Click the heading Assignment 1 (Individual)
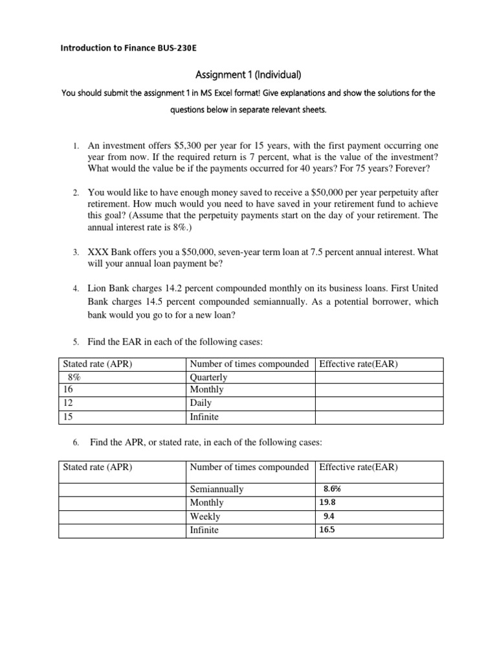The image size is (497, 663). pyautogui.click(x=248, y=74)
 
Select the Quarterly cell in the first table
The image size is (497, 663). pyautogui.click(x=208, y=377)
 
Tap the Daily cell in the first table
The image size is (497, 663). pyautogui.click(x=201, y=403)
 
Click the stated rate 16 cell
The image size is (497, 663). pyautogui.click(x=67, y=390)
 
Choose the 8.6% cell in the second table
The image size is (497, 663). pyautogui.click(x=331, y=489)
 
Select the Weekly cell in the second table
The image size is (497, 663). pyautogui.click(x=204, y=516)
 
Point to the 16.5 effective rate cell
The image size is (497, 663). pyautogui.click(x=327, y=530)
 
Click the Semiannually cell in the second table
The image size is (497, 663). pyautogui.click(x=216, y=489)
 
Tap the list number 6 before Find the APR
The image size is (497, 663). pyautogui.click(x=75, y=443)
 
